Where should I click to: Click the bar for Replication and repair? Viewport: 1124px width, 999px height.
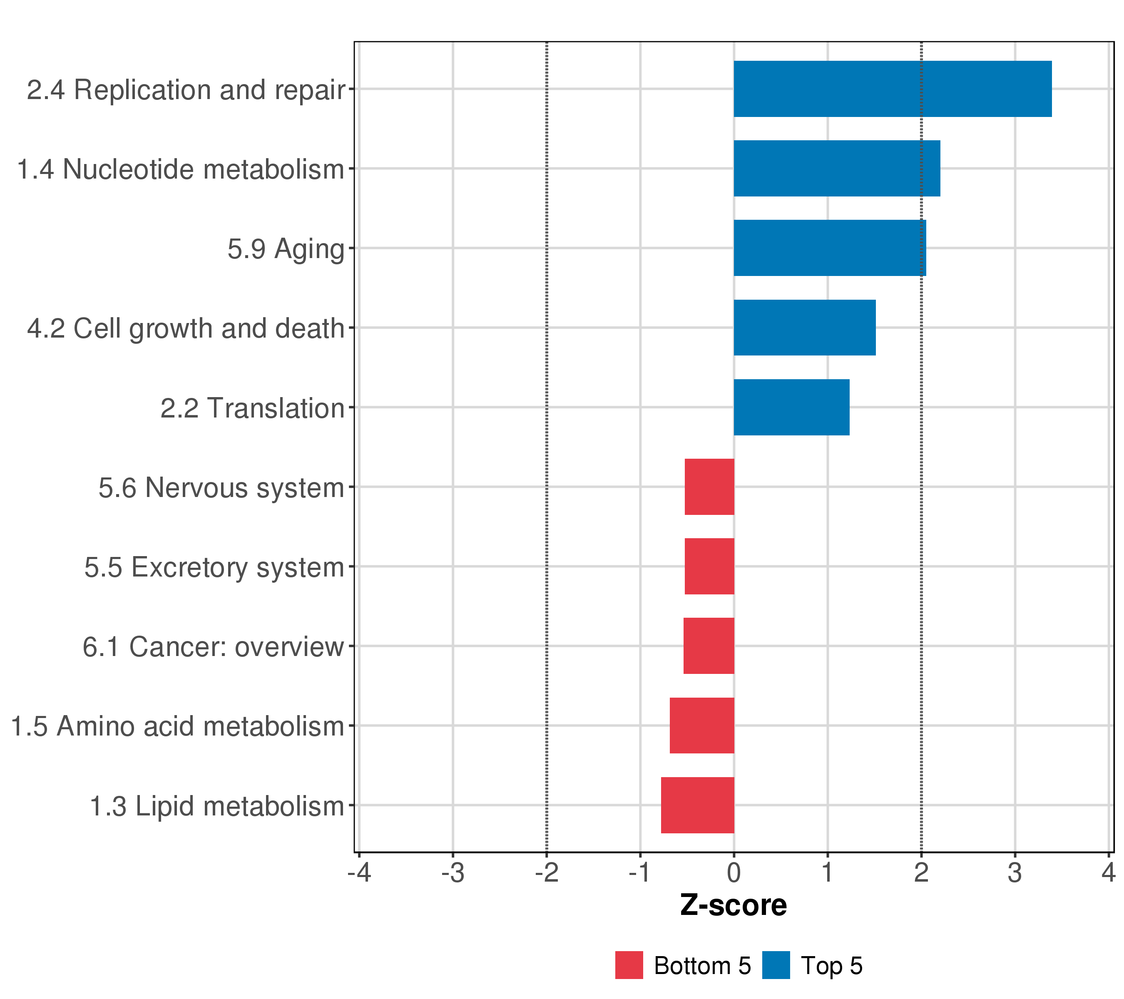click(x=892, y=89)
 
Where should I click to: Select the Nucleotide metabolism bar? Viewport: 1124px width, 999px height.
click(x=836, y=168)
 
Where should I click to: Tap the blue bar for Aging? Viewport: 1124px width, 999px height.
click(x=829, y=248)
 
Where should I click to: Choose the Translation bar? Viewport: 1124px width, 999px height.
click(x=791, y=408)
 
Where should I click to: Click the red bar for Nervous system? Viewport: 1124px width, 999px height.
click(x=709, y=487)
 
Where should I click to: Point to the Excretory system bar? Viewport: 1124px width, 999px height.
click(x=709, y=566)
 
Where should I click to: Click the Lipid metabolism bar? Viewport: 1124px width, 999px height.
click(x=697, y=805)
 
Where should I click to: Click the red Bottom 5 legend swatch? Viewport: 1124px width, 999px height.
click(x=629, y=965)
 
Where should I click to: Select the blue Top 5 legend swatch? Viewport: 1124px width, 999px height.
click(x=776, y=965)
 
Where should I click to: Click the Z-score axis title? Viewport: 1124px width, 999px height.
click(x=733, y=905)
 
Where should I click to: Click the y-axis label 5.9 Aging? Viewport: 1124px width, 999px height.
click(x=286, y=249)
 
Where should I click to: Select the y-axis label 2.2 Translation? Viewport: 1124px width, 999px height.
click(x=252, y=408)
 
